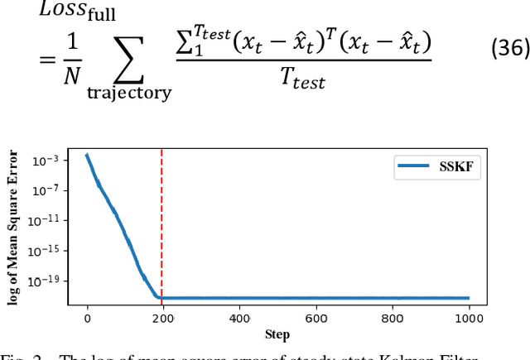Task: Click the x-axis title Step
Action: [x=277, y=334]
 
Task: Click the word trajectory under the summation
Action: [x=129, y=92]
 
